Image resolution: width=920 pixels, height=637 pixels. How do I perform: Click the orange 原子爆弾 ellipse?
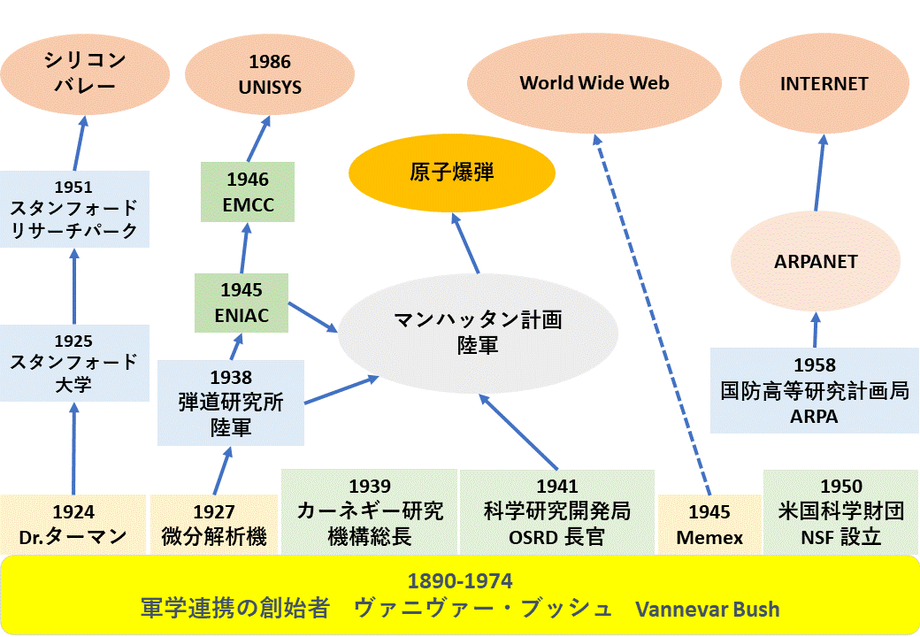click(452, 173)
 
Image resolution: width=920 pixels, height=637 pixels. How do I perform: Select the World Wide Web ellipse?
click(594, 83)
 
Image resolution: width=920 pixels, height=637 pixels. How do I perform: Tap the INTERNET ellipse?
click(824, 83)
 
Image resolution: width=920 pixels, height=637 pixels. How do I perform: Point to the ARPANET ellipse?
click(816, 261)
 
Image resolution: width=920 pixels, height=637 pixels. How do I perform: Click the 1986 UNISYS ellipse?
click(270, 74)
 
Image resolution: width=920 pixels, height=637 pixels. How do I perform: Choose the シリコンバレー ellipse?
click(85, 74)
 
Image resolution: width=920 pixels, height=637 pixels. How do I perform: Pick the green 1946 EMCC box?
click(248, 192)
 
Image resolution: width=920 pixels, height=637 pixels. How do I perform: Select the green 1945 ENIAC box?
click(241, 303)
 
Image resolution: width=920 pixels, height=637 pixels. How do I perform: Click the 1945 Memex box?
click(709, 525)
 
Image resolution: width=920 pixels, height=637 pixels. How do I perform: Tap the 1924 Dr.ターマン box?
click(73, 525)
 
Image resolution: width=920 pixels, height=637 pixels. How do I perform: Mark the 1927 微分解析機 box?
click(214, 525)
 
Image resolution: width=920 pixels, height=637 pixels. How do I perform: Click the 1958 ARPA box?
click(815, 391)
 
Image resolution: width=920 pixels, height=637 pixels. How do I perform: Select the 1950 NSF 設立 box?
click(840, 512)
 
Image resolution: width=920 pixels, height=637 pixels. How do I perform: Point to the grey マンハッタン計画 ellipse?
click(478, 334)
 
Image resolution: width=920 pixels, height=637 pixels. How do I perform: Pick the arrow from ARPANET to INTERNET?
click(820, 173)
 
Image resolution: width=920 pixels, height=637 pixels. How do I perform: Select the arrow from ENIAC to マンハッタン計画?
click(313, 318)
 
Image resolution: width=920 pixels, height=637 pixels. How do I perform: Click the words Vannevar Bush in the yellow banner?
click(708, 610)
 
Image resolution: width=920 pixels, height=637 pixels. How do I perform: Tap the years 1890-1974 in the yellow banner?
click(460, 580)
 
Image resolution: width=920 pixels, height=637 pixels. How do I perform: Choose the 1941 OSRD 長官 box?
click(556, 512)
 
